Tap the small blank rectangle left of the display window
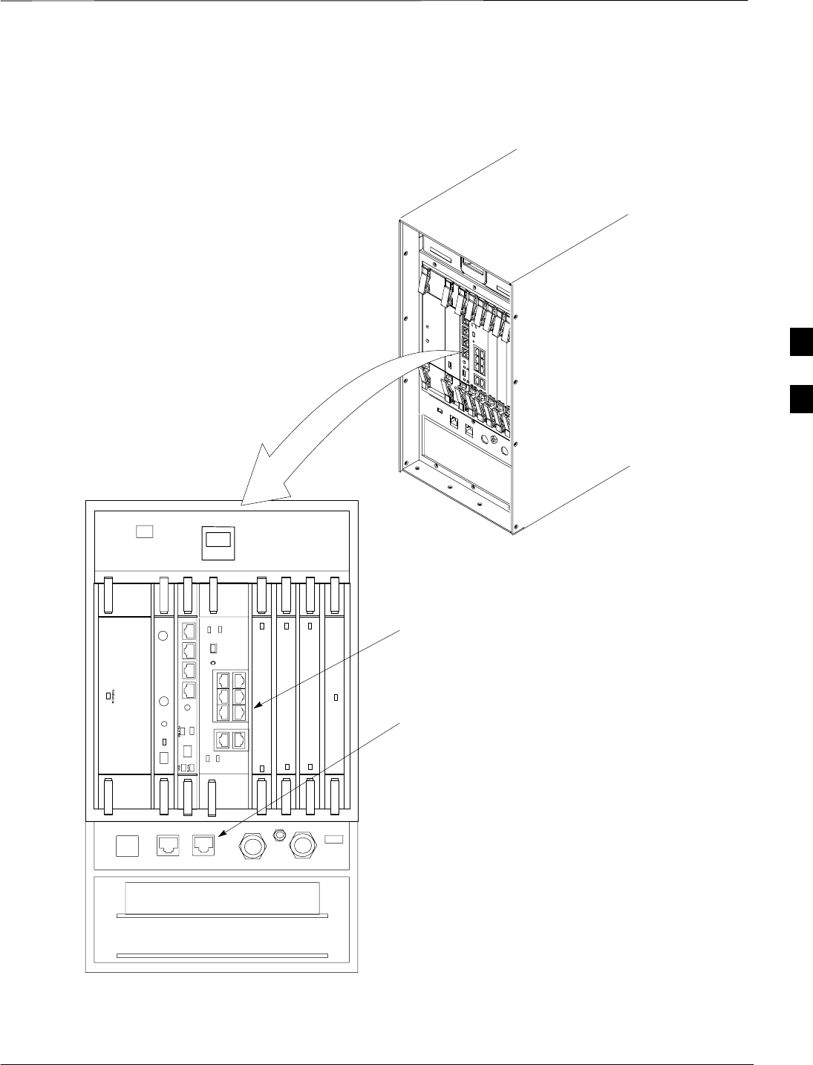click(145, 532)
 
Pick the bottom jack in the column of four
click(189, 690)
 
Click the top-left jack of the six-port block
click(223, 680)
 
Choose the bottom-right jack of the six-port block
click(240, 712)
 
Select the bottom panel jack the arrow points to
click(203, 845)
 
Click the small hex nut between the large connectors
click(281, 834)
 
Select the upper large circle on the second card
click(163, 635)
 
